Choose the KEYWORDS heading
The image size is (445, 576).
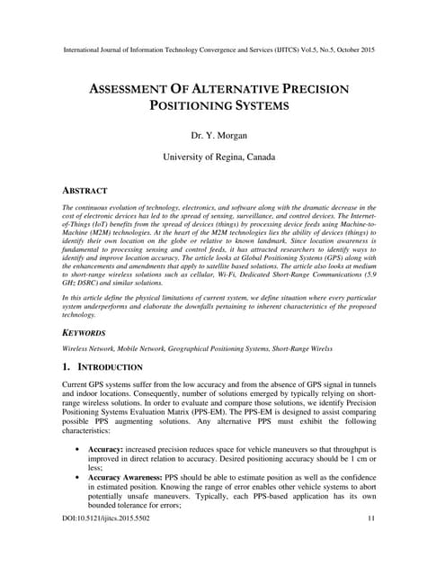pos(86,332)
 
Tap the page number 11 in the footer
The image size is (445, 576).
pos(373,544)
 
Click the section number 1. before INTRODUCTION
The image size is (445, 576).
pos(67,367)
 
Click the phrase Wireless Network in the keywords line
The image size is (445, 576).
pos(90,347)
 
